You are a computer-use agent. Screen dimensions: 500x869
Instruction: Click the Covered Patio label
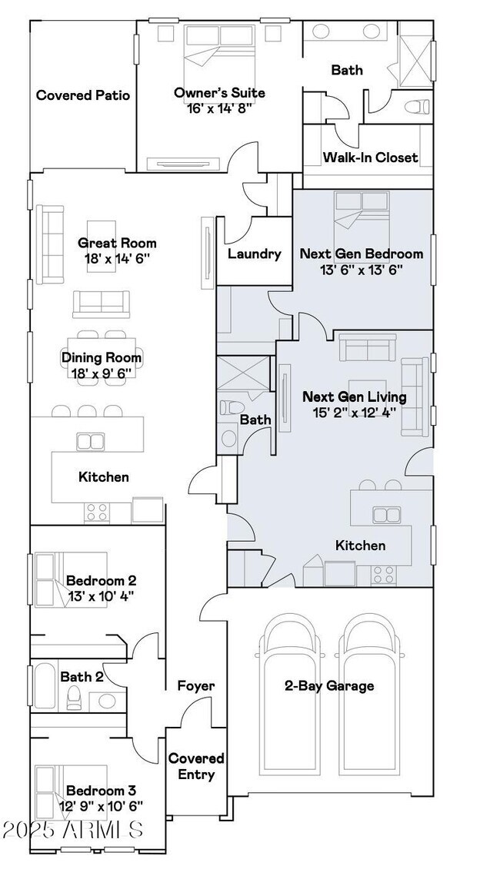83,95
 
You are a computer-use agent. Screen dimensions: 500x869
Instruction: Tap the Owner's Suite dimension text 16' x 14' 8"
220,108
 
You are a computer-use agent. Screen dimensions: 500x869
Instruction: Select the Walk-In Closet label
371,158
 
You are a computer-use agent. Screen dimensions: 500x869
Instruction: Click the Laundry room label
254,254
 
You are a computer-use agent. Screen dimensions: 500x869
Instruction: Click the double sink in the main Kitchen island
91,442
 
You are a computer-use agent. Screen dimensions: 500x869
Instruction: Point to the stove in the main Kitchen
97,512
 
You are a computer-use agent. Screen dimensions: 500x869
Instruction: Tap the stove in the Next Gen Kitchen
383,575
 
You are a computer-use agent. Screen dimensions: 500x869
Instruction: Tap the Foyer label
196,686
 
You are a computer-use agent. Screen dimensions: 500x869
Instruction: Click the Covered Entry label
196,766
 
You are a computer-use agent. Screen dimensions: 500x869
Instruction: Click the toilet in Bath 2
73,698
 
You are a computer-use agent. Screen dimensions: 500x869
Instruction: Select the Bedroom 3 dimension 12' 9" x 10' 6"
102,805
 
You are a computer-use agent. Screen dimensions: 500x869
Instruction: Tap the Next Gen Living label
355,396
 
